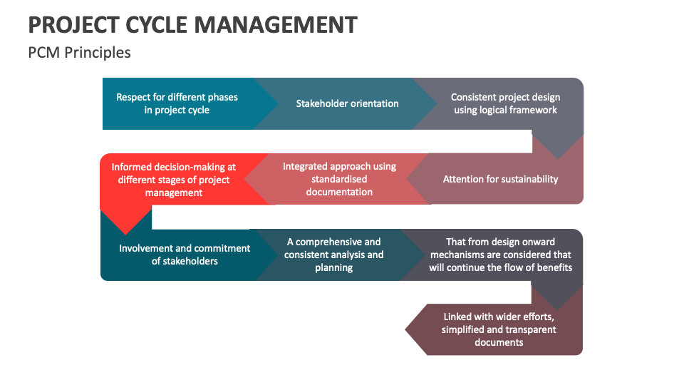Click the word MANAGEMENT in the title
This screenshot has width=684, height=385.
275,24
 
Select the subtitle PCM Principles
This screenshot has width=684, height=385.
79,53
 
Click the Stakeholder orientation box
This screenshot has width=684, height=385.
347,103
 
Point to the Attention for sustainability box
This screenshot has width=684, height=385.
500,179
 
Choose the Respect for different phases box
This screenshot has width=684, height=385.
177,103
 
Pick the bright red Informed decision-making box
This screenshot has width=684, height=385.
173,180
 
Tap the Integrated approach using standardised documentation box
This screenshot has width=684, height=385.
339,179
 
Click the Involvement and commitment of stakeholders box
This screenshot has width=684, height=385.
184,255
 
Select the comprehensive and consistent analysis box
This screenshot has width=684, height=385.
333,255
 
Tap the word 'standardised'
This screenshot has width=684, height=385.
339,179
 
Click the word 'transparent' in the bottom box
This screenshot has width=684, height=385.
527,329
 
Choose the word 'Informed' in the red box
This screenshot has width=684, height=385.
131,167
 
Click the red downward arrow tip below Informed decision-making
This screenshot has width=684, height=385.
126,227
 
